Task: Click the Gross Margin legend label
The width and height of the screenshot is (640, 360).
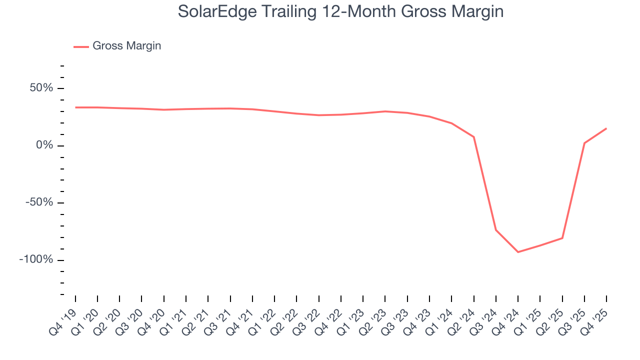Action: pyautogui.click(x=127, y=46)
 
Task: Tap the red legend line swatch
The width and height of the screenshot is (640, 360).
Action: pyautogui.click(x=81, y=46)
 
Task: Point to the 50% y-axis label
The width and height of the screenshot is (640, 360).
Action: pyautogui.click(x=41, y=88)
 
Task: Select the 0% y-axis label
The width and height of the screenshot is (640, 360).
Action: pyautogui.click(x=44, y=145)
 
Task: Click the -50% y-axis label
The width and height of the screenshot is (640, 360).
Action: pyautogui.click(x=39, y=203)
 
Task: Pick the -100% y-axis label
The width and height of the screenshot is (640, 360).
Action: pyautogui.click(x=36, y=260)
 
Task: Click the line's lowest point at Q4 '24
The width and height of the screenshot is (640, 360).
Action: pyautogui.click(x=518, y=252)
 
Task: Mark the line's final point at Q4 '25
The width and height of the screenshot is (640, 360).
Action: pyautogui.click(x=606, y=128)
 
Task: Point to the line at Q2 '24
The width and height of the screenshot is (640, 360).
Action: pyautogui.click(x=473, y=136)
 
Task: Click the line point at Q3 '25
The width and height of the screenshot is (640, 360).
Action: pyautogui.click(x=584, y=143)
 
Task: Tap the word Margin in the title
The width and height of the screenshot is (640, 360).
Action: pyautogui.click(x=477, y=11)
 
